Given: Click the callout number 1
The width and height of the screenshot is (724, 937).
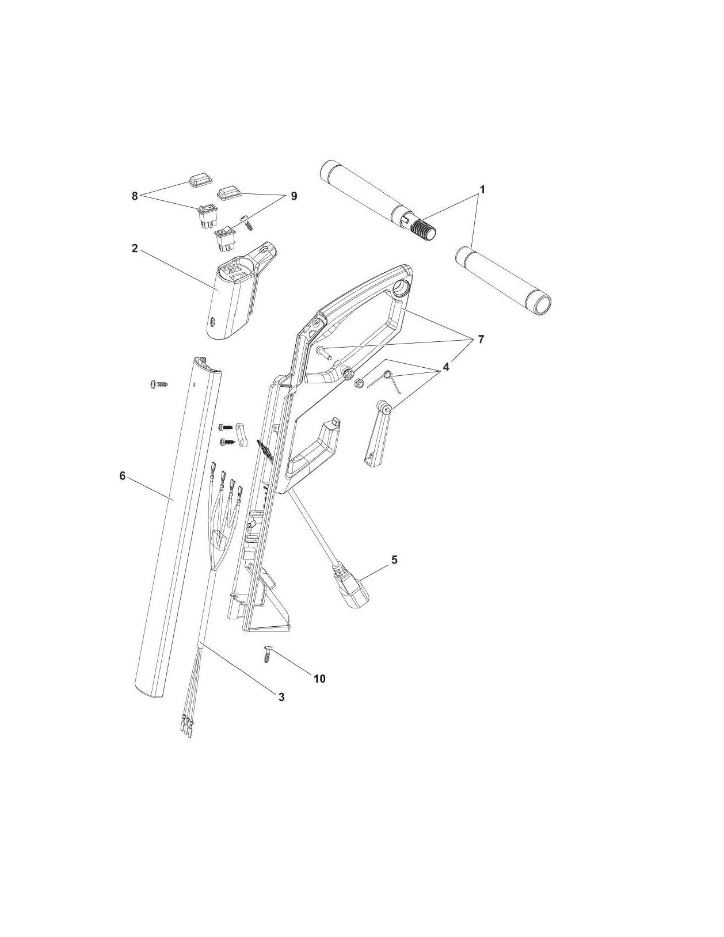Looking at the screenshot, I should [482, 189].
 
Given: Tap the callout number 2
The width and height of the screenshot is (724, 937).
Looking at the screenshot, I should [135, 248].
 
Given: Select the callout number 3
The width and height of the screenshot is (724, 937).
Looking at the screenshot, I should [281, 697].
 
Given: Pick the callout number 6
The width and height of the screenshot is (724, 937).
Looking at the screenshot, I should [122, 476].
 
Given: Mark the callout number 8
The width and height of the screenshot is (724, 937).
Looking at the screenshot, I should [135, 196].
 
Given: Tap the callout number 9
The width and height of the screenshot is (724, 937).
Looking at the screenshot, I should [294, 196].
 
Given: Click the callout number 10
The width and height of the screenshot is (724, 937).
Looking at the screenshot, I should [319, 679].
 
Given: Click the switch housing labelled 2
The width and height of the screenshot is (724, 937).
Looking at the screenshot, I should [236, 299].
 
